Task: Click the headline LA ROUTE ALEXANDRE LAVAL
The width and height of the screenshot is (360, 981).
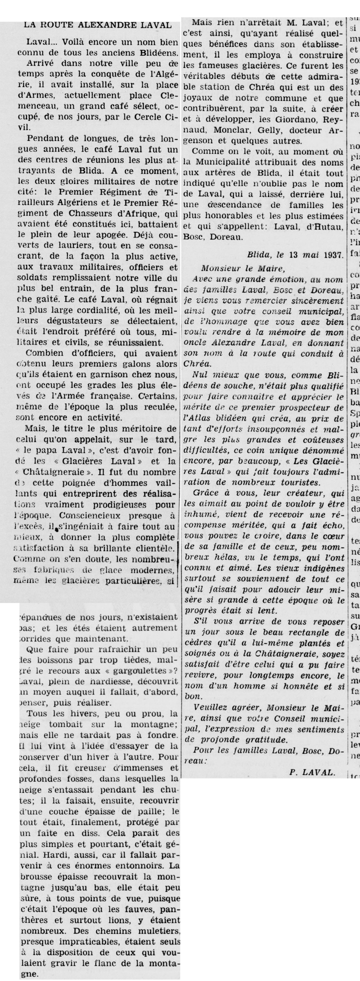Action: point(97,25)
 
